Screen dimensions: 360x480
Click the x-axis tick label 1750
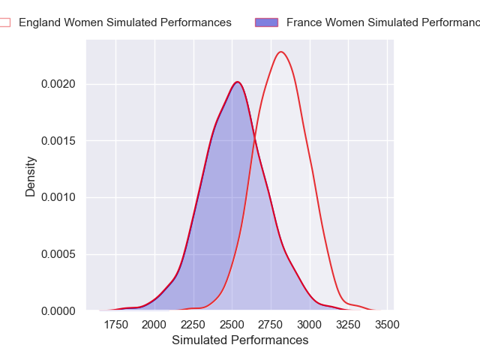(x=116, y=325)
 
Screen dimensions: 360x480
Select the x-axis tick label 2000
(x=154, y=325)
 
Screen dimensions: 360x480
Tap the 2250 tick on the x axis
(x=193, y=325)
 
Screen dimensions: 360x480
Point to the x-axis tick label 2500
(x=232, y=325)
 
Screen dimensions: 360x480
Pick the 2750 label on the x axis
(x=271, y=325)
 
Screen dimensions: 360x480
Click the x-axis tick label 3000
(x=310, y=325)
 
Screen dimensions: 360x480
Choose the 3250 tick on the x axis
(x=349, y=325)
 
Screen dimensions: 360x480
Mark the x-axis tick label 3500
(x=387, y=325)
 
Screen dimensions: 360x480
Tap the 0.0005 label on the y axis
(x=57, y=254)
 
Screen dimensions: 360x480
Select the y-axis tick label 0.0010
(x=57, y=198)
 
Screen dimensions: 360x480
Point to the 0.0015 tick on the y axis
(x=57, y=141)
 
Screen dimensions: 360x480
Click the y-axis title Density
(x=31, y=176)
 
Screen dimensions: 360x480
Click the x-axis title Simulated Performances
(x=240, y=340)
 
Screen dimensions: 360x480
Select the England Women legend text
(x=125, y=22)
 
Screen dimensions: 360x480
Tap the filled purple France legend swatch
(x=267, y=22)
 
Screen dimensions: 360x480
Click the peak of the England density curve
(x=281, y=52)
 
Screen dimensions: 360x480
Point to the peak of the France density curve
(x=237, y=82)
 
